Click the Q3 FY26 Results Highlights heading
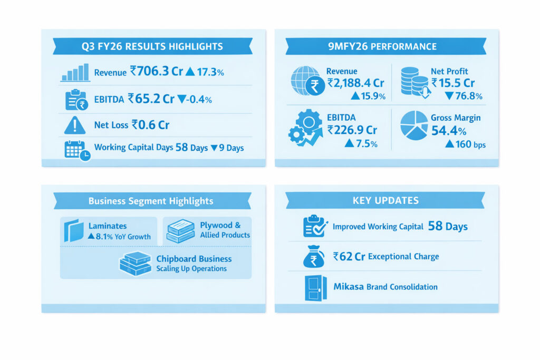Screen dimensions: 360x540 click(152, 46)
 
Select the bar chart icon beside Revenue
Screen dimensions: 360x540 click(75, 73)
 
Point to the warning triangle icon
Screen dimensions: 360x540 click(75, 125)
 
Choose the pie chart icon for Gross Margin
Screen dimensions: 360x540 click(414, 125)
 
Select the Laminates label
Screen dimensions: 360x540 click(108, 226)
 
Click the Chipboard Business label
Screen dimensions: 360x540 click(194, 259)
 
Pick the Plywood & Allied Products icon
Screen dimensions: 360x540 click(180, 231)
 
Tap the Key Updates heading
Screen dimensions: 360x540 click(385, 200)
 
